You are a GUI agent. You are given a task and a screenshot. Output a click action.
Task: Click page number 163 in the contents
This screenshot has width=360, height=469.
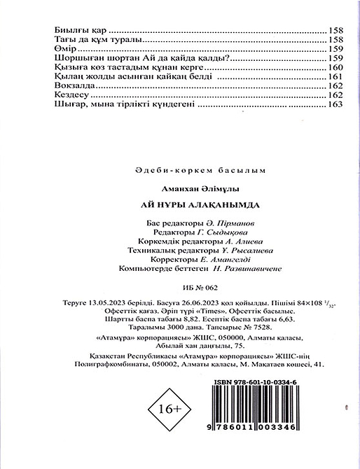[335, 104]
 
